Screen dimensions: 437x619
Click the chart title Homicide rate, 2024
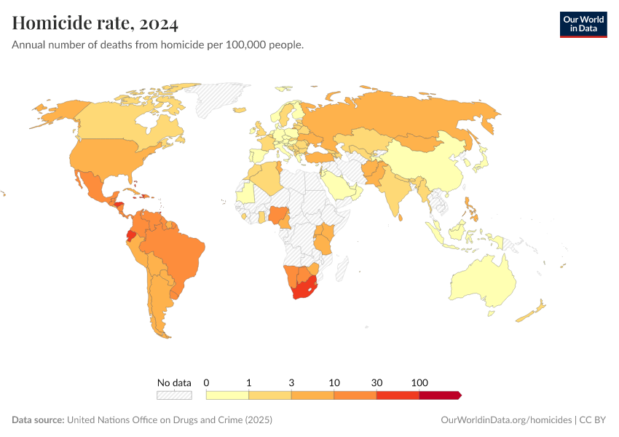[95, 24]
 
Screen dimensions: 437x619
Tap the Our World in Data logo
[583, 24]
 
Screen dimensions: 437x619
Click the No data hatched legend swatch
[174, 395]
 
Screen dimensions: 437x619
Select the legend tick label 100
[419, 382]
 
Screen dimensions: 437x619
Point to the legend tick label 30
[376, 382]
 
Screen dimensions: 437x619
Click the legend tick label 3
[291, 382]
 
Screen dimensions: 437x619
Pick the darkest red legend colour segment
[439, 395]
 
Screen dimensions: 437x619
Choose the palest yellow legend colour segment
[227, 395]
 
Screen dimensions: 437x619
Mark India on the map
[397, 193]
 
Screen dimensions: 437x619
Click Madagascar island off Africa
[341, 270]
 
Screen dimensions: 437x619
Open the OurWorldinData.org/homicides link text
[507, 420]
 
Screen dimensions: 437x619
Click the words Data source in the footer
[38, 420]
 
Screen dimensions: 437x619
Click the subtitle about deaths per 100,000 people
[157, 45]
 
